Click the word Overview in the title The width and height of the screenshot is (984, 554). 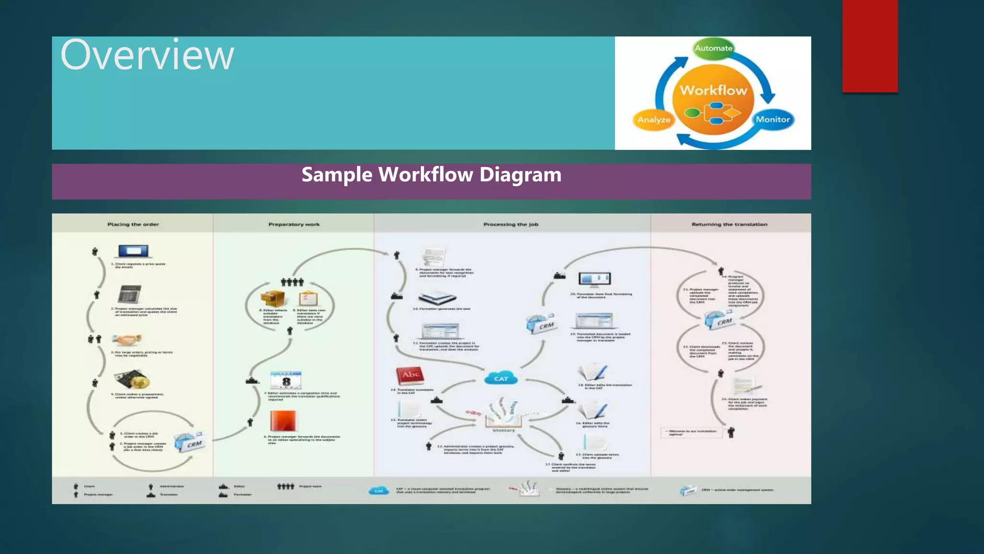point(147,55)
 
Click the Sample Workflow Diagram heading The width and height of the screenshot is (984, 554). point(431,175)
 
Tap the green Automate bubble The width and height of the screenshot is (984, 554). point(713,48)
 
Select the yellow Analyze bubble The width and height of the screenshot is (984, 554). point(653,120)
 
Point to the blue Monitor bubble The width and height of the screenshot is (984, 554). point(773,119)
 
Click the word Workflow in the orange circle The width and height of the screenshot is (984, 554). point(713,90)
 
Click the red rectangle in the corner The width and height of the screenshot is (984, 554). point(870,46)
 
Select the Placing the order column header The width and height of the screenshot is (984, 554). point(133,224)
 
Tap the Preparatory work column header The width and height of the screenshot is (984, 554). point(294,224)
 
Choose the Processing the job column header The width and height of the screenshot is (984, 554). point(511,224)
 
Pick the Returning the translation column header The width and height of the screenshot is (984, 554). point(729,224)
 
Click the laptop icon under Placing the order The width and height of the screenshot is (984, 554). point(134,251)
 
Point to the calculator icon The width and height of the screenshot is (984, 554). point(129,294)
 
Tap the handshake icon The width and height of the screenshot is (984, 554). point(126,340)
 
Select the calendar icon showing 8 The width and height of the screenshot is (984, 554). point(286,380)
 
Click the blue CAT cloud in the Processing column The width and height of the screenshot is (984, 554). point(501,378)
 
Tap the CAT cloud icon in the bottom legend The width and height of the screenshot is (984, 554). point(379,491)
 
